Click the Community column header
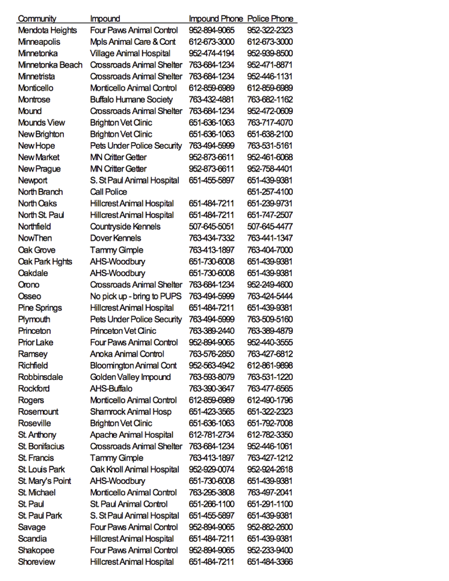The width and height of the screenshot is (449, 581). pos(37,19)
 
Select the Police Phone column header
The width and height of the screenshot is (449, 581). pos(270,19)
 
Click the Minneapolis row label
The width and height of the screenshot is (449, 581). pos(39,42)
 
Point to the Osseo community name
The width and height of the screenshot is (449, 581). pos(29,296)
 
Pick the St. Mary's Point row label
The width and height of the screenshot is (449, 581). pos(44,480)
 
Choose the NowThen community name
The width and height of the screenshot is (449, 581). pos(35,238)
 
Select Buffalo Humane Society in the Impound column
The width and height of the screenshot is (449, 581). pos(131,99)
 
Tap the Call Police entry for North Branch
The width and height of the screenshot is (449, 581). pos(109,192)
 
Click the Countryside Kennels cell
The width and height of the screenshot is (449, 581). pos(125,227)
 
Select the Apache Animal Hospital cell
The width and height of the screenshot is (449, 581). pos(131,435)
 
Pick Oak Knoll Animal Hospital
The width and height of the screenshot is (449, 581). pos(135,469)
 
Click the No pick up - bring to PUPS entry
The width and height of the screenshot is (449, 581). pos(136,296)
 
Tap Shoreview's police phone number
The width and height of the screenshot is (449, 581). pos(270,562)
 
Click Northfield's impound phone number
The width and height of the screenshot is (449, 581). pos(212,227)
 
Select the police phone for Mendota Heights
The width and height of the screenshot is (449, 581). pos(270,30)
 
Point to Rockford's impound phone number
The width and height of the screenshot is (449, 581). pos(212,389)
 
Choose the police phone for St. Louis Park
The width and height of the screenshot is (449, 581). pos(270,469)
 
